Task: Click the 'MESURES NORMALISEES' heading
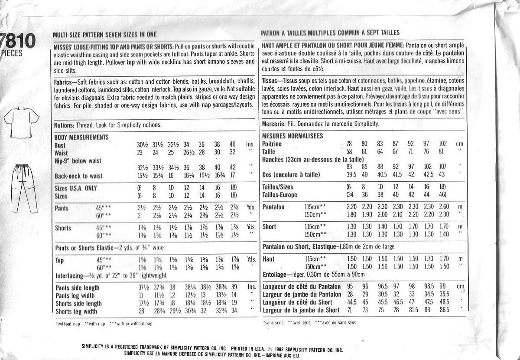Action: click(x=292, y=136)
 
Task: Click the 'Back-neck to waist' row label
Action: click(x=78, y=177)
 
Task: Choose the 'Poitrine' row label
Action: click(x=272, y=144)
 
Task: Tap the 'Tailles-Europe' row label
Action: click(x=280, y=195)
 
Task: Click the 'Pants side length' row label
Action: click(x=77, y=288)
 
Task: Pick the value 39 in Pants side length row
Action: click(x=234, y=288)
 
